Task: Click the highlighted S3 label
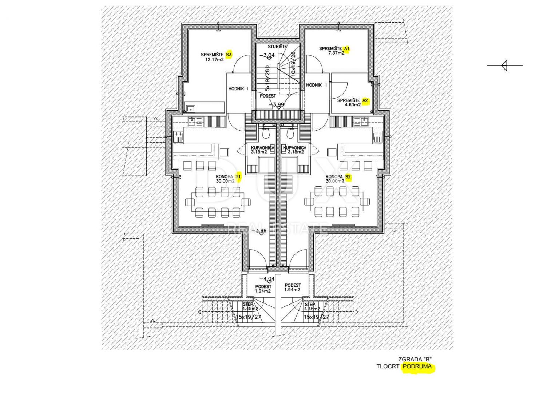tap(229, 55)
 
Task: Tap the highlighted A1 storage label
tap(346, 48)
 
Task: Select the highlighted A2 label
tap(365, 100)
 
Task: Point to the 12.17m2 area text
tap(215, 59)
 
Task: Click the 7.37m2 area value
tap(336, 53)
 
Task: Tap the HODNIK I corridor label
tap(238, 88)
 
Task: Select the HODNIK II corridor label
tap(316, 85)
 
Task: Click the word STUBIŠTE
tap(277, 46)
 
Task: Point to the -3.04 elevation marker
tap(267, 55)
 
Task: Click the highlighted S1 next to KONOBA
tap(238, 177)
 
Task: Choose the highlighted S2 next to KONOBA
tap(348, 177)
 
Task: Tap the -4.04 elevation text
tap(267, 278)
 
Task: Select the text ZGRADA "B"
tap(415, 359)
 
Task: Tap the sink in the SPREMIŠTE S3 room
tap(191, 108)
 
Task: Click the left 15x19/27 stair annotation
tap(249, 317)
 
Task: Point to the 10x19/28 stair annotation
tap(293, 64)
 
